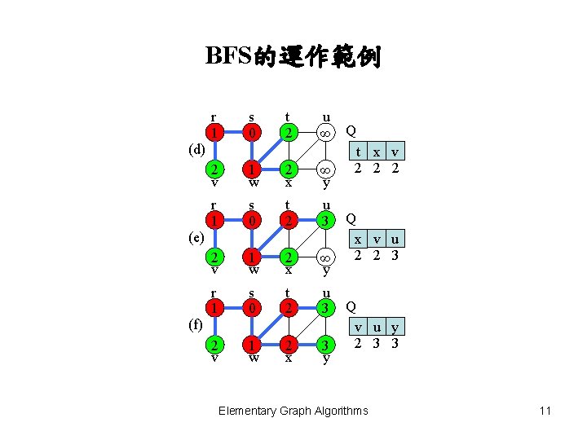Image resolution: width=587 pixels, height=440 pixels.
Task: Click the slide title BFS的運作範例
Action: (x=293, y=56)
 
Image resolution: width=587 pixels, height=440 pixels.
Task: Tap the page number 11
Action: (x=545, y=411)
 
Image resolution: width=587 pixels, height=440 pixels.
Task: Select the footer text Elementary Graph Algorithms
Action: (x=293, y=411)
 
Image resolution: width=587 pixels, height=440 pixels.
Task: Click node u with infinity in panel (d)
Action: (x=326, y=131)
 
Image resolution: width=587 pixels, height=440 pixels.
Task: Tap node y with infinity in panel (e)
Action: (x=326, y=257)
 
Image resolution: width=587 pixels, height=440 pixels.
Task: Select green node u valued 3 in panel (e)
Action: (x=326, y=221)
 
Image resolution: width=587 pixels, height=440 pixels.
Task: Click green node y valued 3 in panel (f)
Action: (x=326, y=345)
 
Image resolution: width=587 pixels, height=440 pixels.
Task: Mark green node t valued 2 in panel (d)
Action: (x=289, y=131)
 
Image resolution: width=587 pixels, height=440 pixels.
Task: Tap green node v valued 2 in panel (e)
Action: (x=214, y=257)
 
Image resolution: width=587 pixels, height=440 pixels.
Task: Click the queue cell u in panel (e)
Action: (x=395, y=240)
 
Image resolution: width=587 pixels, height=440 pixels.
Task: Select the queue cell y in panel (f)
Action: (x=395, y=328)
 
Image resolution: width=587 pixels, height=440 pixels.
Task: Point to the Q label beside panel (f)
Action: (x=351, y=306)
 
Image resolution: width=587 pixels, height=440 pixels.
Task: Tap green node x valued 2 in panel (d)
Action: (x=289, y=169)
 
